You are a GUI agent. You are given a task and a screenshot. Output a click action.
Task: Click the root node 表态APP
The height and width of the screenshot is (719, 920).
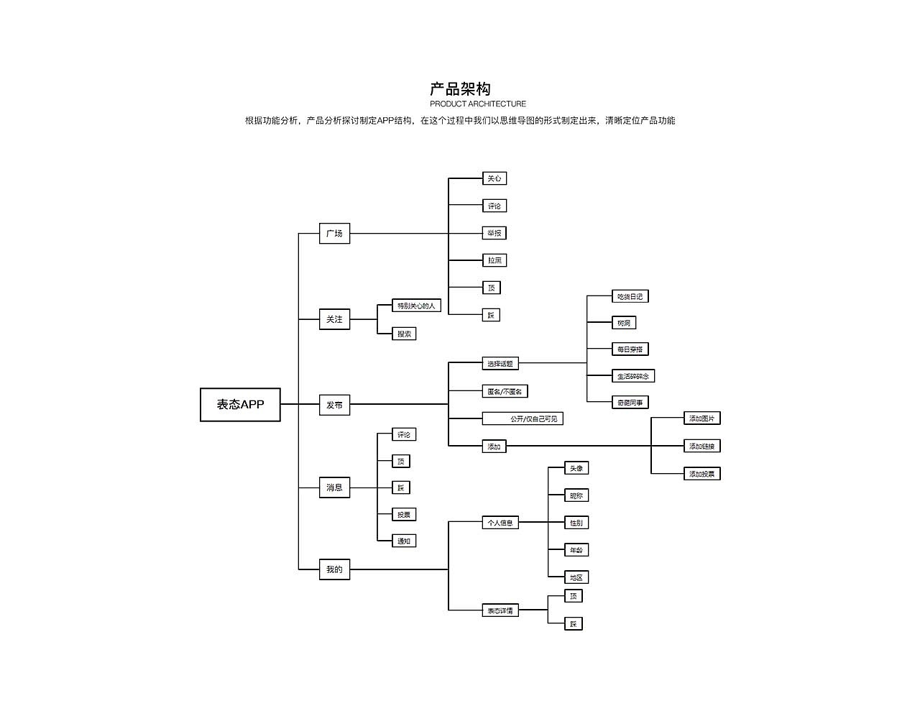[x=240, y=405]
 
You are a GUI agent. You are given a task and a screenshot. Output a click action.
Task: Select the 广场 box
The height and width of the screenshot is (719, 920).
[x=334, y=234]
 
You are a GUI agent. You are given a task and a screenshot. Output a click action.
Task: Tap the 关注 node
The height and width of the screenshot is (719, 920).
[x=334, y=319]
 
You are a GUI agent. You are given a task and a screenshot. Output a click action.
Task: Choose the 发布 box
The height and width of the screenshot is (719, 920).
[x=334, y=405]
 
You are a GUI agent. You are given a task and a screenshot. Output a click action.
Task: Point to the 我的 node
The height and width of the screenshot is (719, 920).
[x=334, y=569]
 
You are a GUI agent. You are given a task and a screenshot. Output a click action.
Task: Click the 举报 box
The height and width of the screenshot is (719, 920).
[x=494, y=233]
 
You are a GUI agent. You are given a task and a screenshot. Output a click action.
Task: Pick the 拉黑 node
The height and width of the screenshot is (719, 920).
[x=494, y=260]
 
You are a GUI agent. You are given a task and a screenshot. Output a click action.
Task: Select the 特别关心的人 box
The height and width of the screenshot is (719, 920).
[x=416, y=306]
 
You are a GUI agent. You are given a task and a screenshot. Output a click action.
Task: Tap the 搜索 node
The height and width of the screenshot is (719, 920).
[x=404, y=334]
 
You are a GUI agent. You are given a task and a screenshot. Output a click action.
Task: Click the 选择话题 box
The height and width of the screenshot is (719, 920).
[x=500, y=364]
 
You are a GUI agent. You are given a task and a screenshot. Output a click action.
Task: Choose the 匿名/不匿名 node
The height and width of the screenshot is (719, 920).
[x=505, y=391]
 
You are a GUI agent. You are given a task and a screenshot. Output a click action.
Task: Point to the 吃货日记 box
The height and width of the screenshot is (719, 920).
[x=630, y=296]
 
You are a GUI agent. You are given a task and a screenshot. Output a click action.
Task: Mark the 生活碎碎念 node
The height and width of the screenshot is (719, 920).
[x=632, y=376]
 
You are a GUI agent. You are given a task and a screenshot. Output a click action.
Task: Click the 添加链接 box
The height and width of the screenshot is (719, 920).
[x=701, y=446]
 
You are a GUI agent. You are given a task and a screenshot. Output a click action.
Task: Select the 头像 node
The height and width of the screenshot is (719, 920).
[x=576, y=468]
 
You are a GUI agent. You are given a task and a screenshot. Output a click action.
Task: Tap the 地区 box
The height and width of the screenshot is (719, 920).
[x=576, y=577]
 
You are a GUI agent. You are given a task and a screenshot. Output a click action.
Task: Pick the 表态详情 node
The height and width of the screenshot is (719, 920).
[x=500, y=610]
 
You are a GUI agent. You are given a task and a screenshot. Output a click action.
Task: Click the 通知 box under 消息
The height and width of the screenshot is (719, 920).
[x=404, y=541]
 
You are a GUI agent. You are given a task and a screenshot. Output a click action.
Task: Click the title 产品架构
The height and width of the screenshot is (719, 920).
[x=460, y=89]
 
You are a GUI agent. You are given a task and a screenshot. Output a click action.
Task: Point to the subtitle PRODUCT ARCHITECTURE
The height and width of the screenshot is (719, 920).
[x=478, y=104]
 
